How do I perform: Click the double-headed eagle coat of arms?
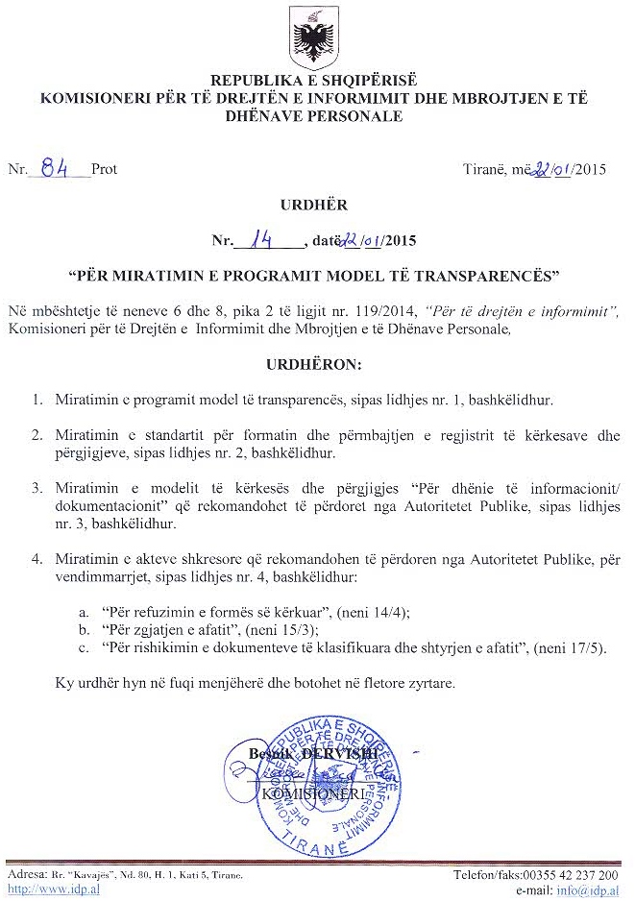(316, 39)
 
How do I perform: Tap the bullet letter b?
(85, 629)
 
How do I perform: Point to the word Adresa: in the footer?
(26, 875)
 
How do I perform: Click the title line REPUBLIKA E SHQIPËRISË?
(315, 82)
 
